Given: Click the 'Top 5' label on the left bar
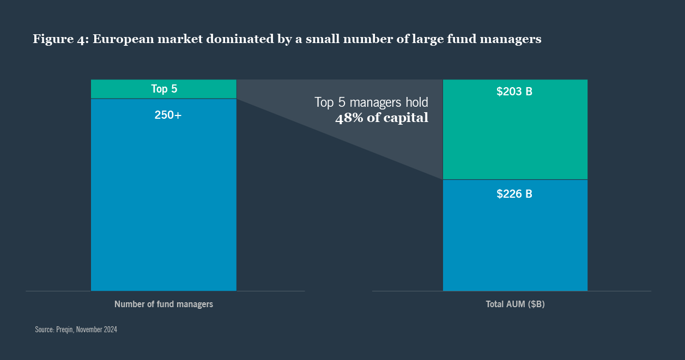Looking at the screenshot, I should click(164, 89).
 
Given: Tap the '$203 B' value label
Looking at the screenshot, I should click(514, 92).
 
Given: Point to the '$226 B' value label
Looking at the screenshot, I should click(514, 194).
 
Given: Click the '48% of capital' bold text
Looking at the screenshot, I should click(381, 118).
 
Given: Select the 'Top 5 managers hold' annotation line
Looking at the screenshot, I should click(371, 102).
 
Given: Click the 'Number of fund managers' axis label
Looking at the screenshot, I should click(163, 304).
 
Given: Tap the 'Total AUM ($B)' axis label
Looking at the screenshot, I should click(515, 304).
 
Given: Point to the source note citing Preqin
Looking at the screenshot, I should click(76, 330).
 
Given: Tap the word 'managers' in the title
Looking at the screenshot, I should click(512, 39).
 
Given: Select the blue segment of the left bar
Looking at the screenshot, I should click(163, 207).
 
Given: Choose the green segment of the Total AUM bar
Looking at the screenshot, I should click(515, 136).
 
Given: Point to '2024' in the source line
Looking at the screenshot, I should click(109, 330).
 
